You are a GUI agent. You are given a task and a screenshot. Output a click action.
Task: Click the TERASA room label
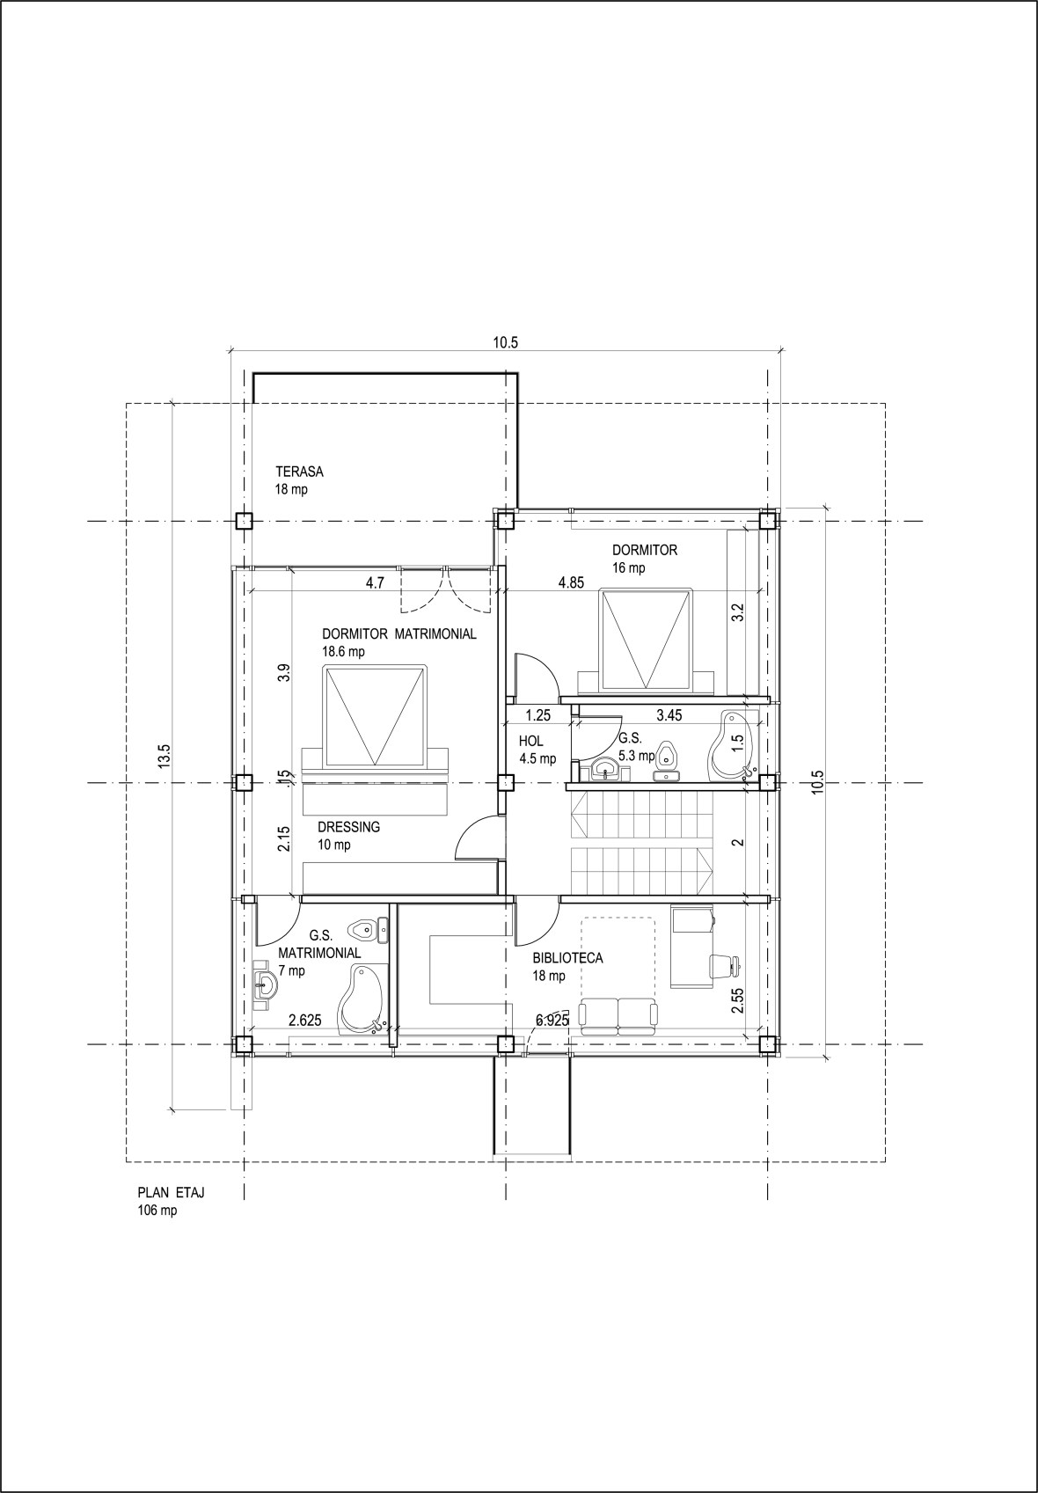coord(299,472)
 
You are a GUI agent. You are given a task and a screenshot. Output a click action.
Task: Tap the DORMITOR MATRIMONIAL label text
coord(399,633)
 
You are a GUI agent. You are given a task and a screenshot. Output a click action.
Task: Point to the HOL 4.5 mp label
coord(537,750)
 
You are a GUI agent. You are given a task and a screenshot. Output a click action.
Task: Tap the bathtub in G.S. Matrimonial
coord(362,999)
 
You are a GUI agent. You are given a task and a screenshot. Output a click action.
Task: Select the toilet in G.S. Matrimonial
coord(366,928)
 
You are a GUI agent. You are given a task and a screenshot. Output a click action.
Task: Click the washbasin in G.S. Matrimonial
coord(263,984)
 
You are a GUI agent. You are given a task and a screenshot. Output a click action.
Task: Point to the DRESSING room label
coord(348,827)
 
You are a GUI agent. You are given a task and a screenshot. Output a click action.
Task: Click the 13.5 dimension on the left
coord(164,757)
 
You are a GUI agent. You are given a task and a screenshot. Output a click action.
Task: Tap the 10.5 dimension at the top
coord(505,343)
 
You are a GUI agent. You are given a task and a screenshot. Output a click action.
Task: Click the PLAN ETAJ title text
coord(177,1193)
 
